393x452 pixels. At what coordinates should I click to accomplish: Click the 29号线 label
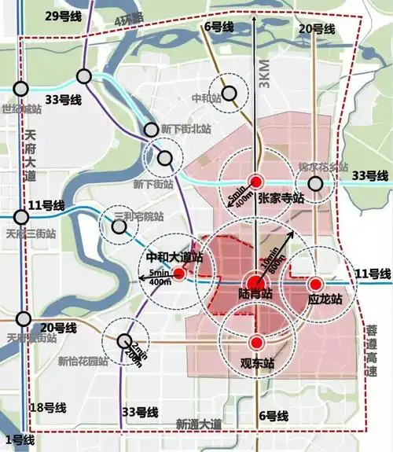(x=40, y=16)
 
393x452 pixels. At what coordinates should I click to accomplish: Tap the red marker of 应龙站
(x=315, y=284)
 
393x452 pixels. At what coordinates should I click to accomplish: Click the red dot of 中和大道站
(x=179, y=274)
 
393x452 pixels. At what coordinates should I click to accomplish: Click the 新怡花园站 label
(x=83, y=362)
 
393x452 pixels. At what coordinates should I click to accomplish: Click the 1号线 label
(x=20, y=438)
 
